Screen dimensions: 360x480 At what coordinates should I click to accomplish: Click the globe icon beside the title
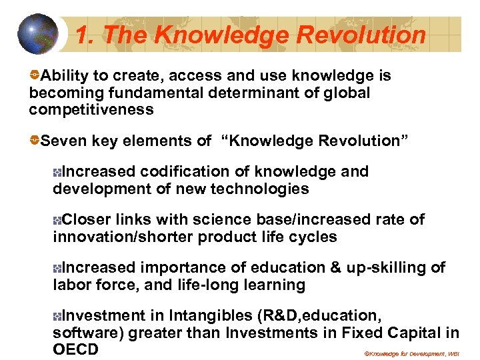click(39, 34)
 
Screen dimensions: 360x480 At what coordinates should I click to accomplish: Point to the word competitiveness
click(91, 109)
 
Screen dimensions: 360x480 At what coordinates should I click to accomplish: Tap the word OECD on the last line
click(75, 349)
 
